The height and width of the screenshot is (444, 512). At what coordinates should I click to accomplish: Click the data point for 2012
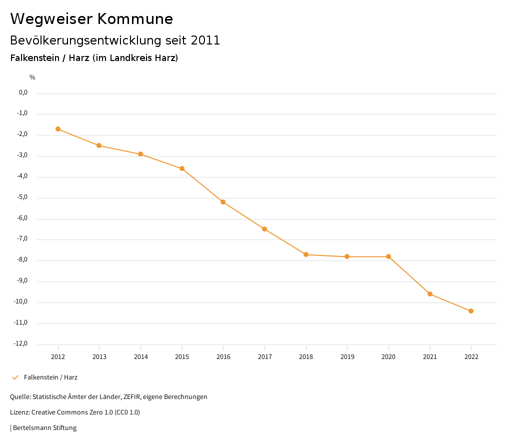[x=58, y=129]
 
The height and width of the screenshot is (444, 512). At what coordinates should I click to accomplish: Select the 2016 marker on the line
[x=223, y=202]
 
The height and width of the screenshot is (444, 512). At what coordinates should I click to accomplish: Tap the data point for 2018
[x=306, y=254]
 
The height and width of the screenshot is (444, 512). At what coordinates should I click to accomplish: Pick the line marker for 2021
[x=430, y=294]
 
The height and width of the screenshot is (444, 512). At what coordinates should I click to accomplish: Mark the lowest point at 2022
[x=471, y=311]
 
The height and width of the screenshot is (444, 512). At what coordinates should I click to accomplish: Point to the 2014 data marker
[x=140, y=154]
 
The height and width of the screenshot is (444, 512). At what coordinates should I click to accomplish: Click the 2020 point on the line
[x=388, y=256]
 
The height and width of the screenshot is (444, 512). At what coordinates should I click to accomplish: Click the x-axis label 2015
[x=182, y=357]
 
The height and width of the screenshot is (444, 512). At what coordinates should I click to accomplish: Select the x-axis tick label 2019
[x=347, y=357]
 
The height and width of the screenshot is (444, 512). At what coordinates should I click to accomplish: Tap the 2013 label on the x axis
[x=99, y=357]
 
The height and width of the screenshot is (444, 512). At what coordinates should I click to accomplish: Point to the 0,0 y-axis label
[x=23, y=92]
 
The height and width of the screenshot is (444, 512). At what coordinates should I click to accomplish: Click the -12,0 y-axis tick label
[x=21, y=343]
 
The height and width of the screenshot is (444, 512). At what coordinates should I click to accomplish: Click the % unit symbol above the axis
[x=32, y=77]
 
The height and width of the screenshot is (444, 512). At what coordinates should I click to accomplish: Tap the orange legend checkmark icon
[x=15, y=377]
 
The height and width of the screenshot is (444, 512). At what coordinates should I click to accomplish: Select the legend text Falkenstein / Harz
[x=50, y=377]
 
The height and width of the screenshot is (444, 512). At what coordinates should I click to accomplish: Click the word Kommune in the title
[x=135, y=19]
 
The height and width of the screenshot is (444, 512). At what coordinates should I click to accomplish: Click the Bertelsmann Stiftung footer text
[x=44, y=428]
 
